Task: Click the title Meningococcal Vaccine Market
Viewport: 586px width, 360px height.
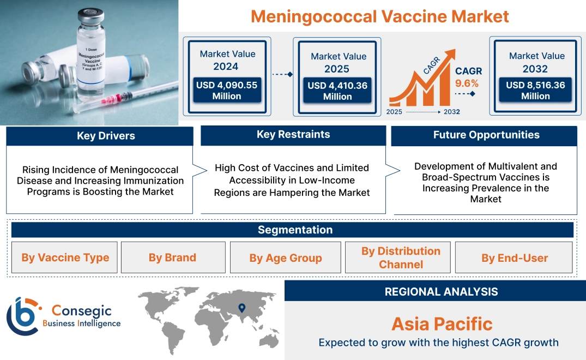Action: click(x=380, y=16)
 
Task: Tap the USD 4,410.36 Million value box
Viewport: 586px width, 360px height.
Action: click(x=337, y=91)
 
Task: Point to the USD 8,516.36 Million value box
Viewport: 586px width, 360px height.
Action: click(x=535, y=91)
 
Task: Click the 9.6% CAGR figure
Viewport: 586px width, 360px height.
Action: click(x=467, y=83)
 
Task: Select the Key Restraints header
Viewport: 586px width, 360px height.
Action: click(x=293, y=135)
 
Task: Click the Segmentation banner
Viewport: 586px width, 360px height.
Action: click(x=295, y=230)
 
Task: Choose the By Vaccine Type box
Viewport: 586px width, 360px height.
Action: click(x=65, y=257)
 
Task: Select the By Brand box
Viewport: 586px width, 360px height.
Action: click(x=172, y=257)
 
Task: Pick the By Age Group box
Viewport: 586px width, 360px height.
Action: click(x=286, y=258)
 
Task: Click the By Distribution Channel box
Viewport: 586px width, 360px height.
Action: click(x=401, y=257)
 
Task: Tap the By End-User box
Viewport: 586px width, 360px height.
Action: click(x=515, y=258)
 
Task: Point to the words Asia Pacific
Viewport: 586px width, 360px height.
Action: click(x=442, y=324)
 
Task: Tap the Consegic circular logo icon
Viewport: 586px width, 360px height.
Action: click(x=23, y=316)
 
